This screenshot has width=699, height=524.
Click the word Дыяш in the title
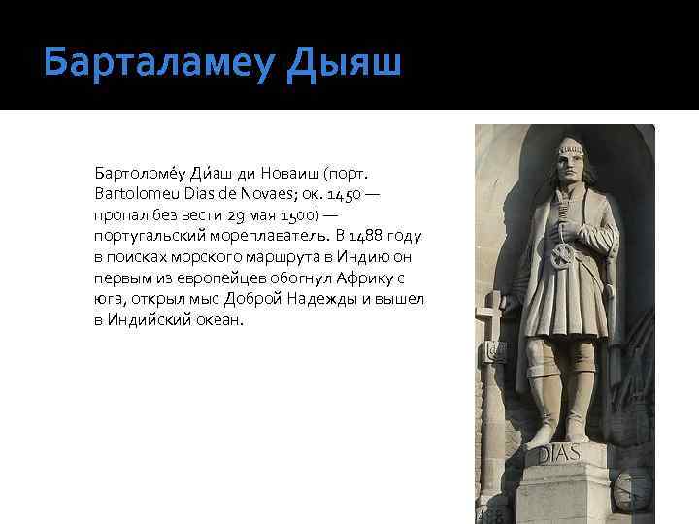pos(346,64)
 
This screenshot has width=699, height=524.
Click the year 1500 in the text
pos(288,214)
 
